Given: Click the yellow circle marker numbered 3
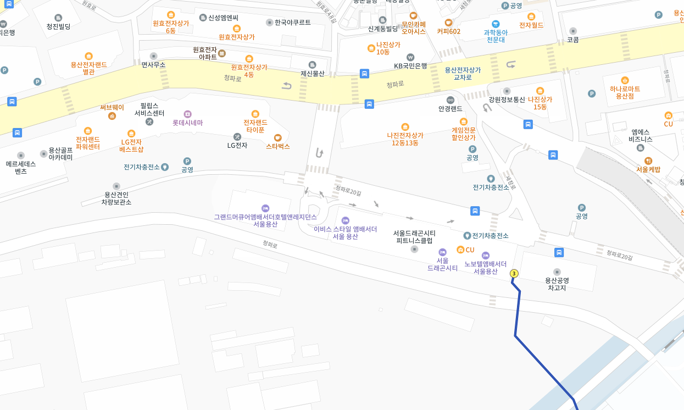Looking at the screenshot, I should [514, 273].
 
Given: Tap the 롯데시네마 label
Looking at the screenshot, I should [187, 123].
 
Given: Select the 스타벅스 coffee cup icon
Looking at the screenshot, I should [278, 137].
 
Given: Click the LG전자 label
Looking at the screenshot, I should [237, 145].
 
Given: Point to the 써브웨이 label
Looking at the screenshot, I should [112, 108].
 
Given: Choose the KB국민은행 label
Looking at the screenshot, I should [410, 65].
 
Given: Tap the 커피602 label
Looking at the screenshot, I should [448, 31].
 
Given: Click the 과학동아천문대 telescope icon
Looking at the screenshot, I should [496, 24].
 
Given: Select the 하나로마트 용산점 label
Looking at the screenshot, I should [625, 92].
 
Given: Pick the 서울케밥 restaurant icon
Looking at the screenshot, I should [649, 160].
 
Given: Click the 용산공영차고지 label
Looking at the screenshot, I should [557, 284].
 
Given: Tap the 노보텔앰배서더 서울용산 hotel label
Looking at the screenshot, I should [486, 267].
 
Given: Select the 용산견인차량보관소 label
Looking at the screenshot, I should [116, 198].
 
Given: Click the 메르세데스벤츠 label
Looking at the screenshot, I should [21, 167].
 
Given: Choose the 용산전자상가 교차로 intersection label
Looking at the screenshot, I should [462, 74].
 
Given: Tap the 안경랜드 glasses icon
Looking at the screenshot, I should [451, 100].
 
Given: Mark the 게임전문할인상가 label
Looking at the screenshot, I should [463, 134].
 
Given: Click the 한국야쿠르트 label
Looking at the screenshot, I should [292, 23].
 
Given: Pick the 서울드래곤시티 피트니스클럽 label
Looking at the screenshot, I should [414, 237].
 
